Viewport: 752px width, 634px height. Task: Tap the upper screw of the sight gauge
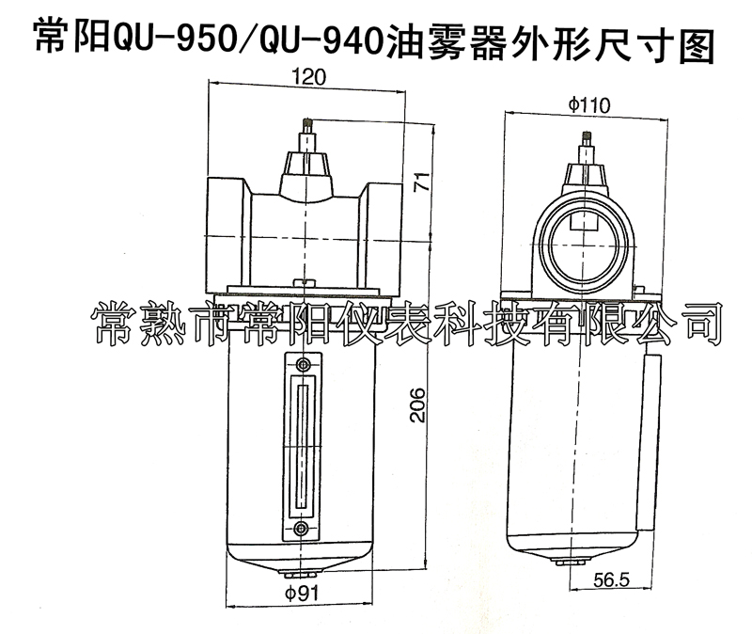pyautogui.click(x=301, y=365)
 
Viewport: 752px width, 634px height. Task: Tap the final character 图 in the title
pyautogui.click(x=696, y=38)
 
